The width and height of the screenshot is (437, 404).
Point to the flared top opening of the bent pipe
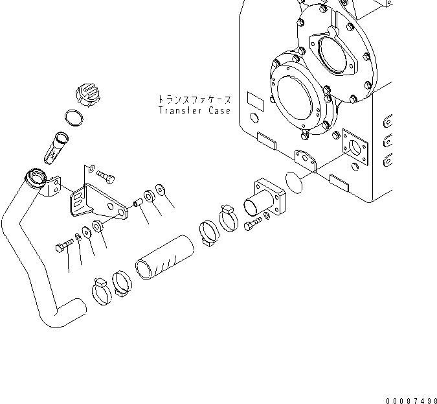(36, 176)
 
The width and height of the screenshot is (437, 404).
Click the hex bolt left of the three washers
(62, 246)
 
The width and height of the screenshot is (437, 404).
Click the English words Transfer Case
(194, 111)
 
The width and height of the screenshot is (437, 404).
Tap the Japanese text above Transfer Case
(194, 101)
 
